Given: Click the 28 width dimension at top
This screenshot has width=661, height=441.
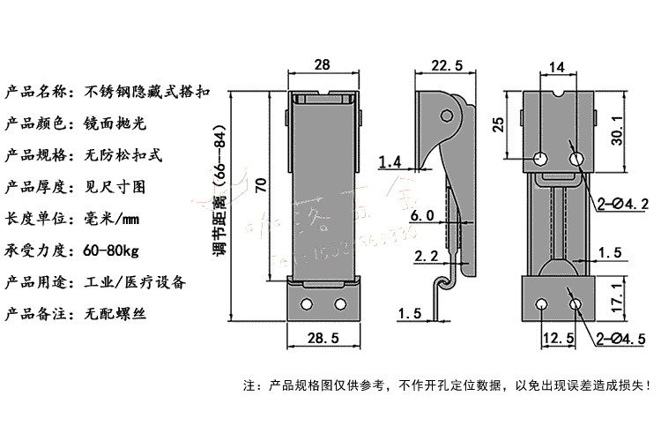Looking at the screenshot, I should pyautogui.click(x=322, y=64).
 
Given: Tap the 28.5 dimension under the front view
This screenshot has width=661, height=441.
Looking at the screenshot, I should pyautogui.click(x=323, y=338).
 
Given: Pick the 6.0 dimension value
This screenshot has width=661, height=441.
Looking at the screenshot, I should pyautogui.click(x=422, y=215).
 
